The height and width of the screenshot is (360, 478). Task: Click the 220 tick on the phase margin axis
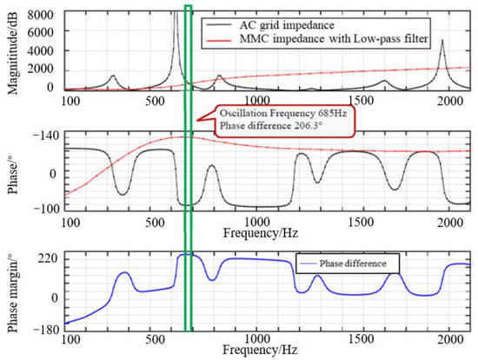(47, 259)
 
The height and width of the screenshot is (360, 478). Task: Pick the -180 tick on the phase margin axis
(44, 329)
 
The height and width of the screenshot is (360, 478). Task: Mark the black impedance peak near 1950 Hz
(442, 42)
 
